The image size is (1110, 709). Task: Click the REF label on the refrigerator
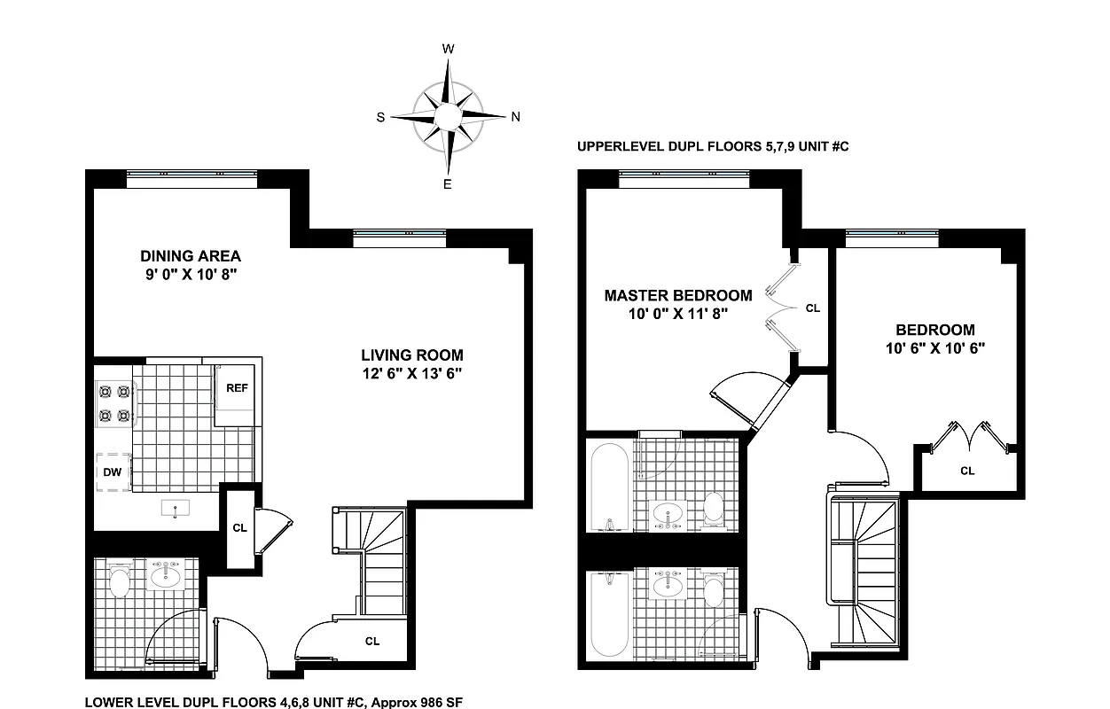tap(236, 388)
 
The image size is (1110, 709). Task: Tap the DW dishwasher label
tap(112, 471)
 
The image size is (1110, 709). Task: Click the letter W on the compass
tap(449, 49)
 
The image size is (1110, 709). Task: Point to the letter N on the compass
tap(515, 116)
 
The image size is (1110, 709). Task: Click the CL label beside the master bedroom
tap(813, 308)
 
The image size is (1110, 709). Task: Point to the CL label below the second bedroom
tap(967, 471)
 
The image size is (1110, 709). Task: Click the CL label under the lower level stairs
tap(372, 641)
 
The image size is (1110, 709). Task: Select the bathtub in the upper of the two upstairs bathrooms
tap(610, 484)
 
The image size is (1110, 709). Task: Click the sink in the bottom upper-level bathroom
tap(667, 587)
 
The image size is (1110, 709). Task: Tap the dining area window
tap(192, 177)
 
